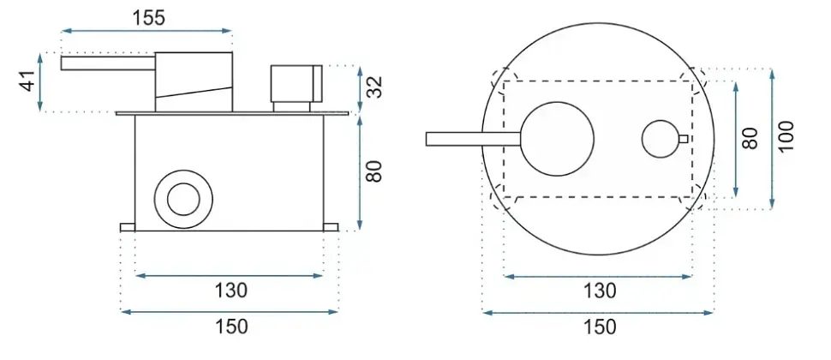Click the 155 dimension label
click(149, 18)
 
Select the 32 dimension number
click(374, 87)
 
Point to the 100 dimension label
click(786, 136)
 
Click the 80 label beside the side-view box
click(374, 171)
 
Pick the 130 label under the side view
click(230, 291)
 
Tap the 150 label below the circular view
click(600, 327)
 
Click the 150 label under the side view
click(230, 327)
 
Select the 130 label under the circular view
click(600, 291)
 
